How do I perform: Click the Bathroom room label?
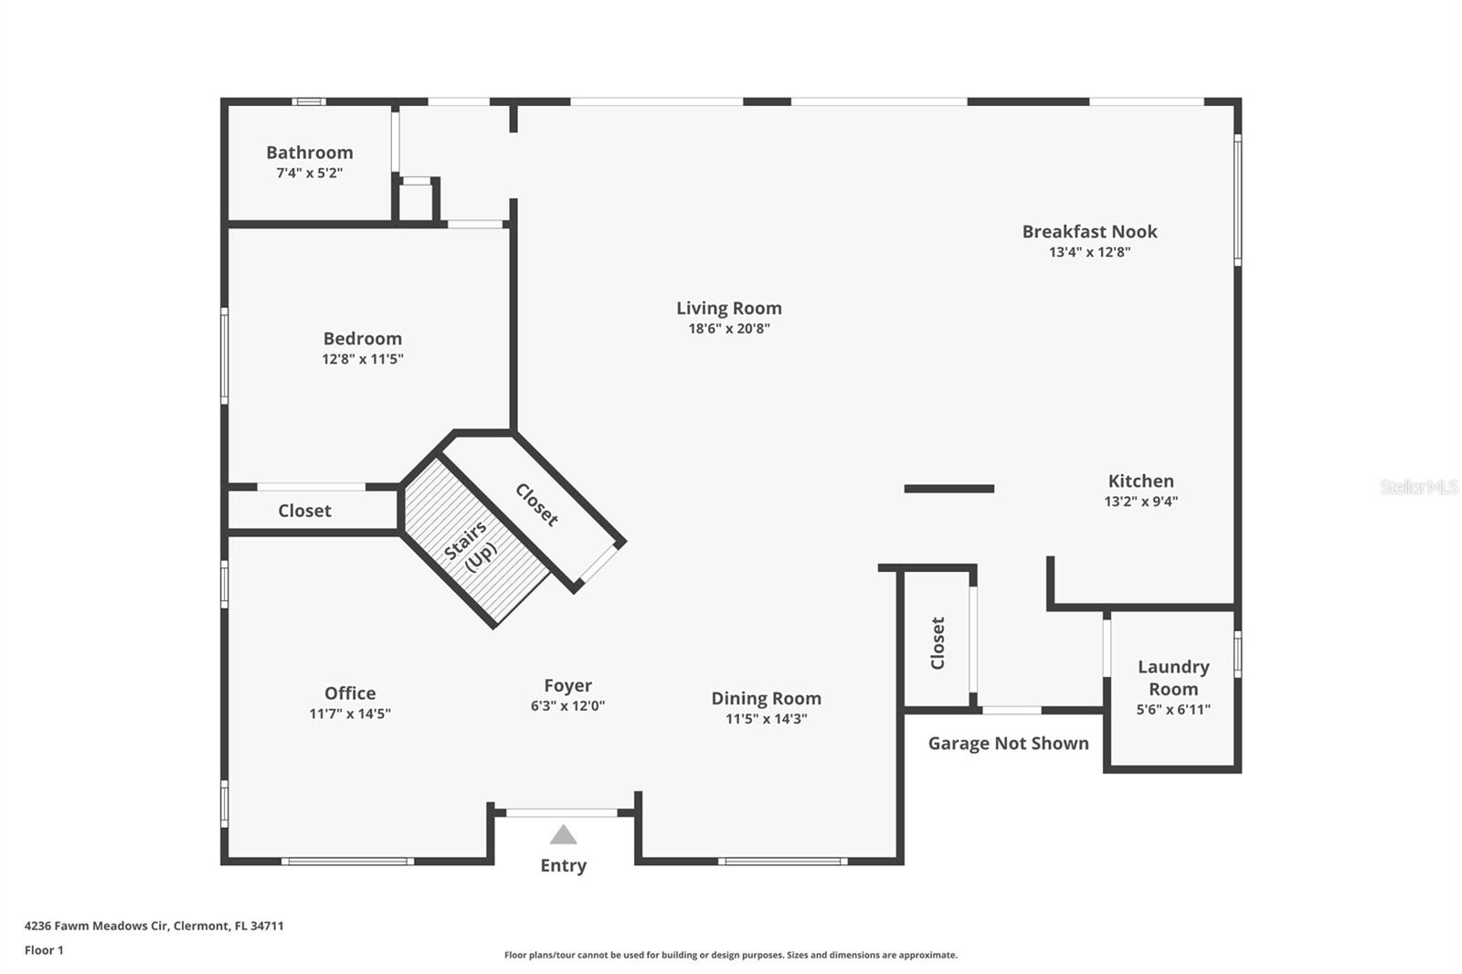(x=309, y=153)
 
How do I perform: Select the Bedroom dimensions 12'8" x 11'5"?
(x=362, y=359)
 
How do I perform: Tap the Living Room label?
(x=728, y=309)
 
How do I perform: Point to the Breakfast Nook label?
(x=1089, y=232)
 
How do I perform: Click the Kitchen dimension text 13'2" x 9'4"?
(x=1140, y=501)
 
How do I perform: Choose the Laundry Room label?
(x=1173, y=678)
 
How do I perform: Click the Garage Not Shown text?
(x=1008, y=744)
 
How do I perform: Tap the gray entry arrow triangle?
(x=563, y=835)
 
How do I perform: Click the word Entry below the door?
(x=563, y=865)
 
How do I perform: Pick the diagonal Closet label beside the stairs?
(x=536, y=505)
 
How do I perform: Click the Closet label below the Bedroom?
(x=304, y=511)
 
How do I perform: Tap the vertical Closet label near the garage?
(x=938, y=642)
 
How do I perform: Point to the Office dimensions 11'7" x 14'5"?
(x=349, y=714)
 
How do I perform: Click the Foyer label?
(x=567, y=686)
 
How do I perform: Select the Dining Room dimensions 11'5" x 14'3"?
(x=766, y=719)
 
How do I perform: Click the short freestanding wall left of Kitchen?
(x=948, y=489)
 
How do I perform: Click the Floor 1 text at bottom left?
(x=44, y=950)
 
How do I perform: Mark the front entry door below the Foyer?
(x=562, y=812)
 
